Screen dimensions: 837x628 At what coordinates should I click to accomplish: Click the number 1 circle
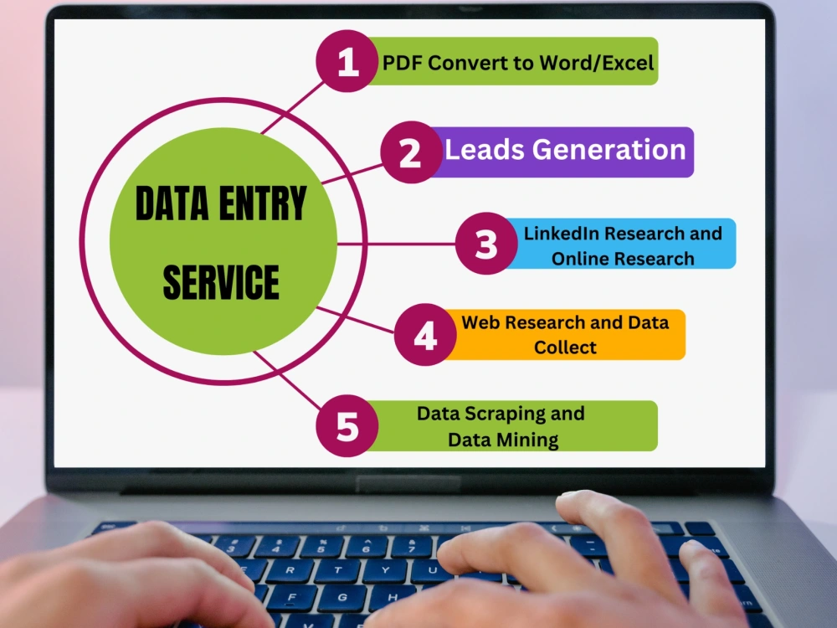pyautogui.click(x=347, y=61)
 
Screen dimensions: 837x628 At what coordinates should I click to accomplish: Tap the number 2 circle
pyautogui.click(x=411, y=152)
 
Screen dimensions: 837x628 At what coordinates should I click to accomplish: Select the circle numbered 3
pyautogui.click(x=486, y=244)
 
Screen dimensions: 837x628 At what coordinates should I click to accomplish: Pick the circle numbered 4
pyautogui.click(x=425, y=335)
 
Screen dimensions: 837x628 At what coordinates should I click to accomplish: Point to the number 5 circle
pyautogui.click(x=347, y=426)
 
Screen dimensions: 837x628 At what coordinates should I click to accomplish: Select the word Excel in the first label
pyautogui.click(x=628, y=63)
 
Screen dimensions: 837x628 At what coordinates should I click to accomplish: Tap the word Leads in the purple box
pyautogui.click(x=485, y=149)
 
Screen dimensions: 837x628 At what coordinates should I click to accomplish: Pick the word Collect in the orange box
pyautogui.click(x=565, y=347)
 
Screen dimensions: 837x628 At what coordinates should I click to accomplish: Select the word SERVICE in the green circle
pyautogui.click(x=221, y=281)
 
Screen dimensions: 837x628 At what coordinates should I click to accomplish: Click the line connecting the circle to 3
pyautogui.click(x=396, y=244)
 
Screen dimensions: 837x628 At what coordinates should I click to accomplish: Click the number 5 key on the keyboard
pyautogui.click(x=321, y=548)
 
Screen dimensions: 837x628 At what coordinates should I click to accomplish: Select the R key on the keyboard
pyautogui.click(x=290, y=570)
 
